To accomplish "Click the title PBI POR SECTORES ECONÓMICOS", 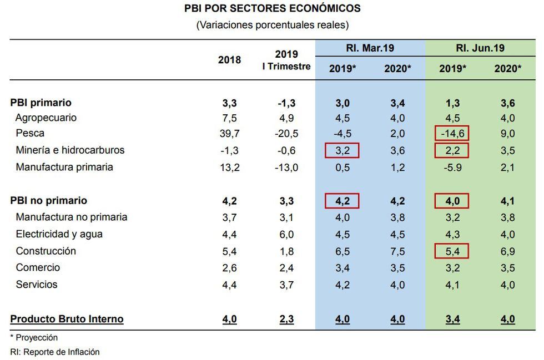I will click(272, 9).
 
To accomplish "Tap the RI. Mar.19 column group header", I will click(370, 48).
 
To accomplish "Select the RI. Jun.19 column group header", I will click(480, 48).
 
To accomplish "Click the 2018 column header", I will click(229, 60).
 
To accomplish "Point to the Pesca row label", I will click(30, 134).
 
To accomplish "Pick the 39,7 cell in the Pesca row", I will click(229, 134).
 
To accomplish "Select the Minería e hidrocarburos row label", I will click(70, 150).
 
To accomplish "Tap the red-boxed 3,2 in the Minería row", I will click(342, 150).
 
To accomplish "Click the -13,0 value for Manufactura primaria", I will click(286, 167).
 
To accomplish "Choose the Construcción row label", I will click(46, 251).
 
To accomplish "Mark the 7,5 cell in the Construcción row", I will click(397, 251).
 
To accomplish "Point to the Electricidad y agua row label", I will click(59, 234).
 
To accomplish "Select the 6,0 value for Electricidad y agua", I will click(286, 235).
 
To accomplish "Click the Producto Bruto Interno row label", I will click(67, 319).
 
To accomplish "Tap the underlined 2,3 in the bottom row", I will click(286, 320).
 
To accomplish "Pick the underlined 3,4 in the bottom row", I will click(452, 320).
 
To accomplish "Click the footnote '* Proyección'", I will click(34, 337).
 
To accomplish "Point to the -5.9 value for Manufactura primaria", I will click(452, 167).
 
